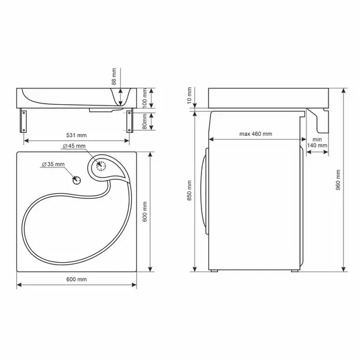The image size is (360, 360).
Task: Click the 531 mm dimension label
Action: (76, 135)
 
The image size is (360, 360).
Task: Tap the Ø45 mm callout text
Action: (74, 146)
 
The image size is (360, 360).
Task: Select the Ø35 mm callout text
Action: (53, 164)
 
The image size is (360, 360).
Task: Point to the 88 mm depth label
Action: (114, 76)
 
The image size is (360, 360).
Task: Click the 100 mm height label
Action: (145, 98)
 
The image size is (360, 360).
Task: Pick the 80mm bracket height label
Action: (145, 121)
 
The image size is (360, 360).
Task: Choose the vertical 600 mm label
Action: (145, 212)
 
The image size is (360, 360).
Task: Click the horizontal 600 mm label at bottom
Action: (76, 279)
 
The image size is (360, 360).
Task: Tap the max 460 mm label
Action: (256, 134)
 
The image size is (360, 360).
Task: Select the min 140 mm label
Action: (317, 142)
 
